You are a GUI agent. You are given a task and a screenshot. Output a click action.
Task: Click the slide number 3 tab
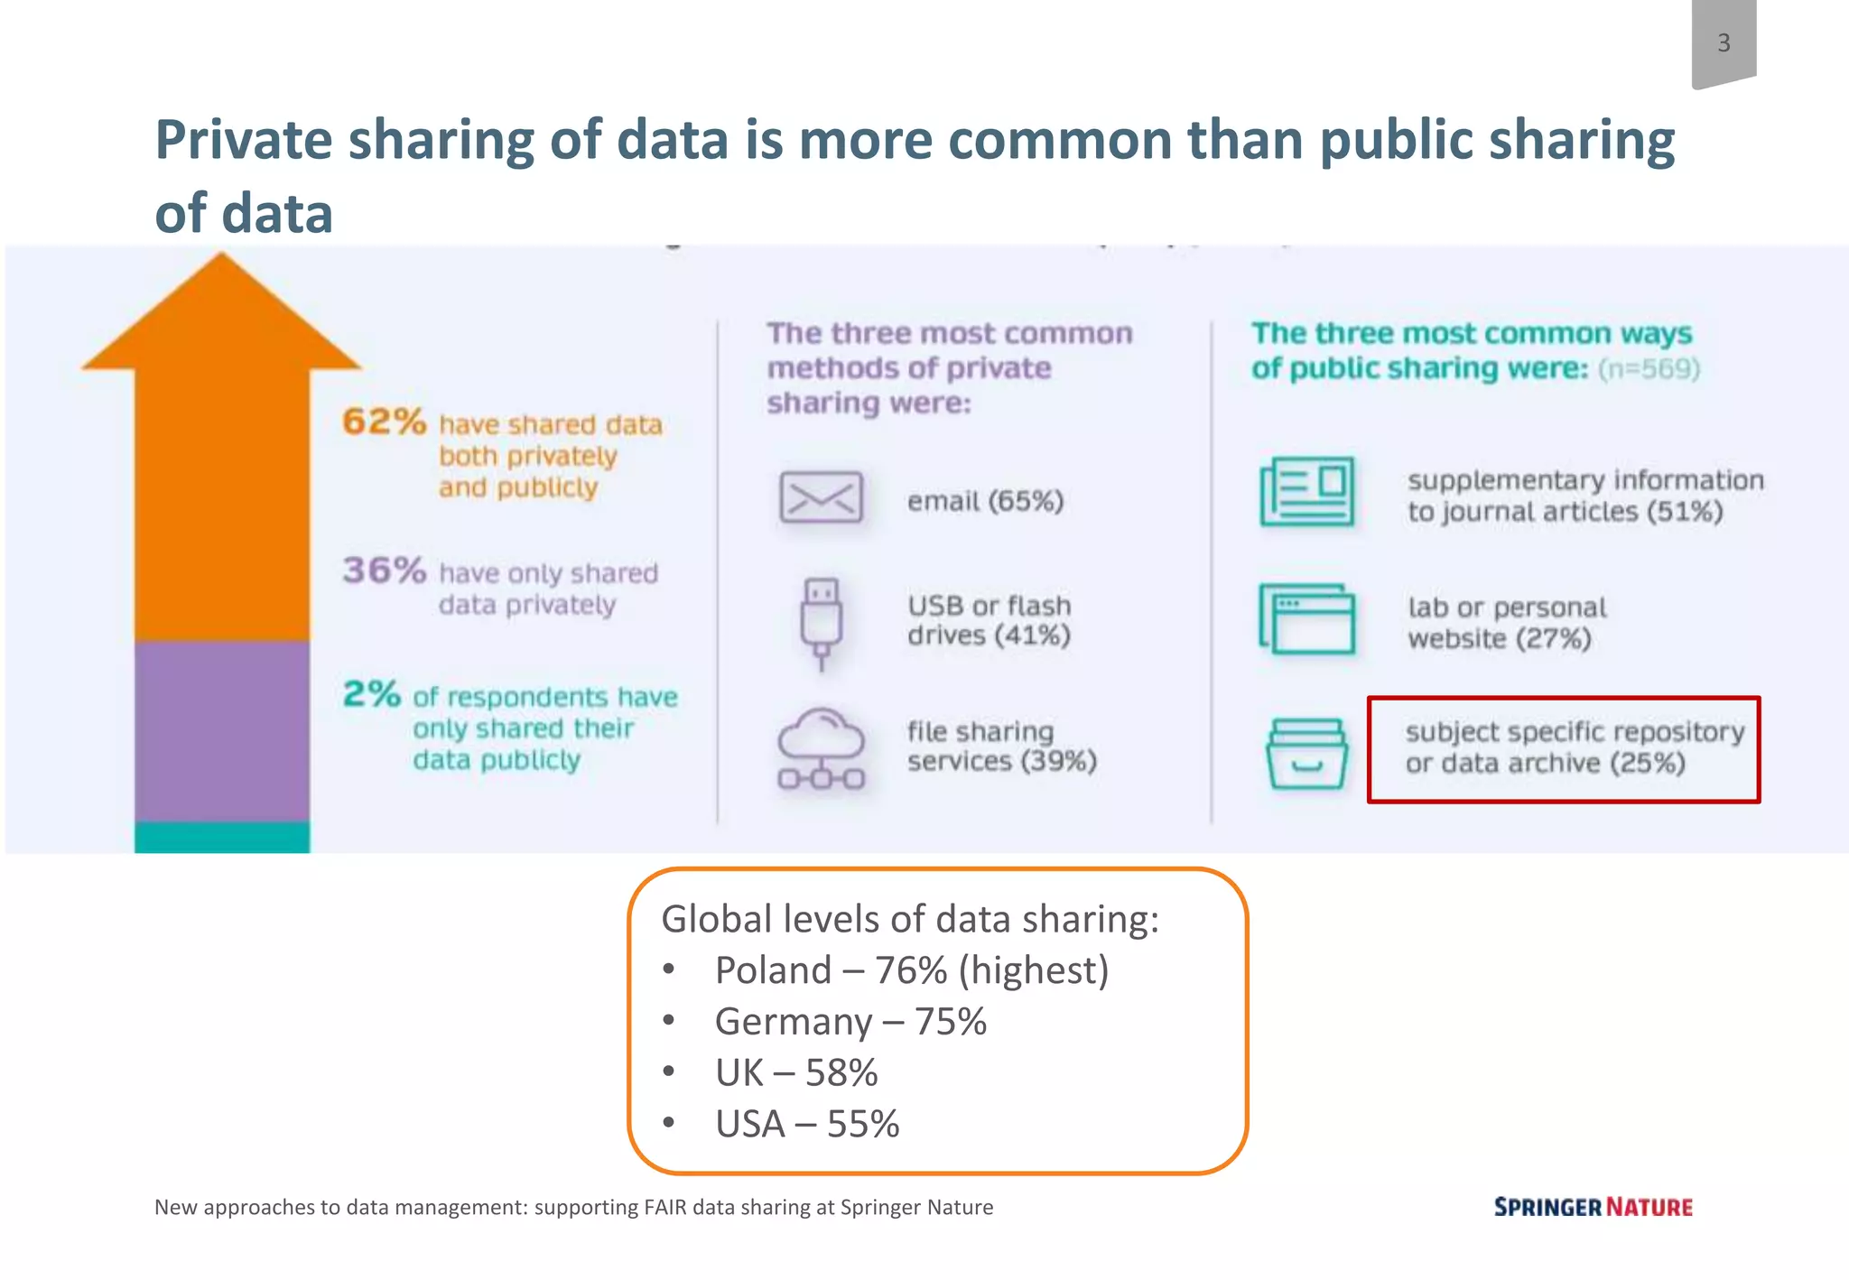(1723, 43)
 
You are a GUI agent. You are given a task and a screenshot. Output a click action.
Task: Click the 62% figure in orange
(384, 422)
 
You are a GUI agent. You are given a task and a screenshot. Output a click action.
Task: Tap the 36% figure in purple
(384, 570)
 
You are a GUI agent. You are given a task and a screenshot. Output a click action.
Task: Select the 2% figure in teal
(371, 694)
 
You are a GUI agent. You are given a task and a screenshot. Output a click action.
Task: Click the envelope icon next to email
(820, 497)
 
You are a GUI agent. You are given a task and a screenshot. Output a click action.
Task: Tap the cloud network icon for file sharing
(821, 749)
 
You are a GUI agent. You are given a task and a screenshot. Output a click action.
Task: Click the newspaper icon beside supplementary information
(1306, 492)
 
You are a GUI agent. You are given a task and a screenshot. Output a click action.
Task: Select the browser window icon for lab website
(1306, 619)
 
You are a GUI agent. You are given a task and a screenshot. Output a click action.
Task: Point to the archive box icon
(1306, 754)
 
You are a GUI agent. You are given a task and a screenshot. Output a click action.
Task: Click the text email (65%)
(985, 501)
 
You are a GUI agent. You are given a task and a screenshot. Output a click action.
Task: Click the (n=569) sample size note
(1649, 369)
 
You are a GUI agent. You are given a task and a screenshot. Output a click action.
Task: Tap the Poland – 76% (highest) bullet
(910, 970)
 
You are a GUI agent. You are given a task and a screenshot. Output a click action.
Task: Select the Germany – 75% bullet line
(850, 1022)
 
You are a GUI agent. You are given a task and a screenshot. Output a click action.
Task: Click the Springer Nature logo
(1593, 1207)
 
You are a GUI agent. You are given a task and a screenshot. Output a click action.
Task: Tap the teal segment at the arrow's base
(222, 837)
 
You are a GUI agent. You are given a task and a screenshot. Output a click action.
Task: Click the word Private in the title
(244, 141)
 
